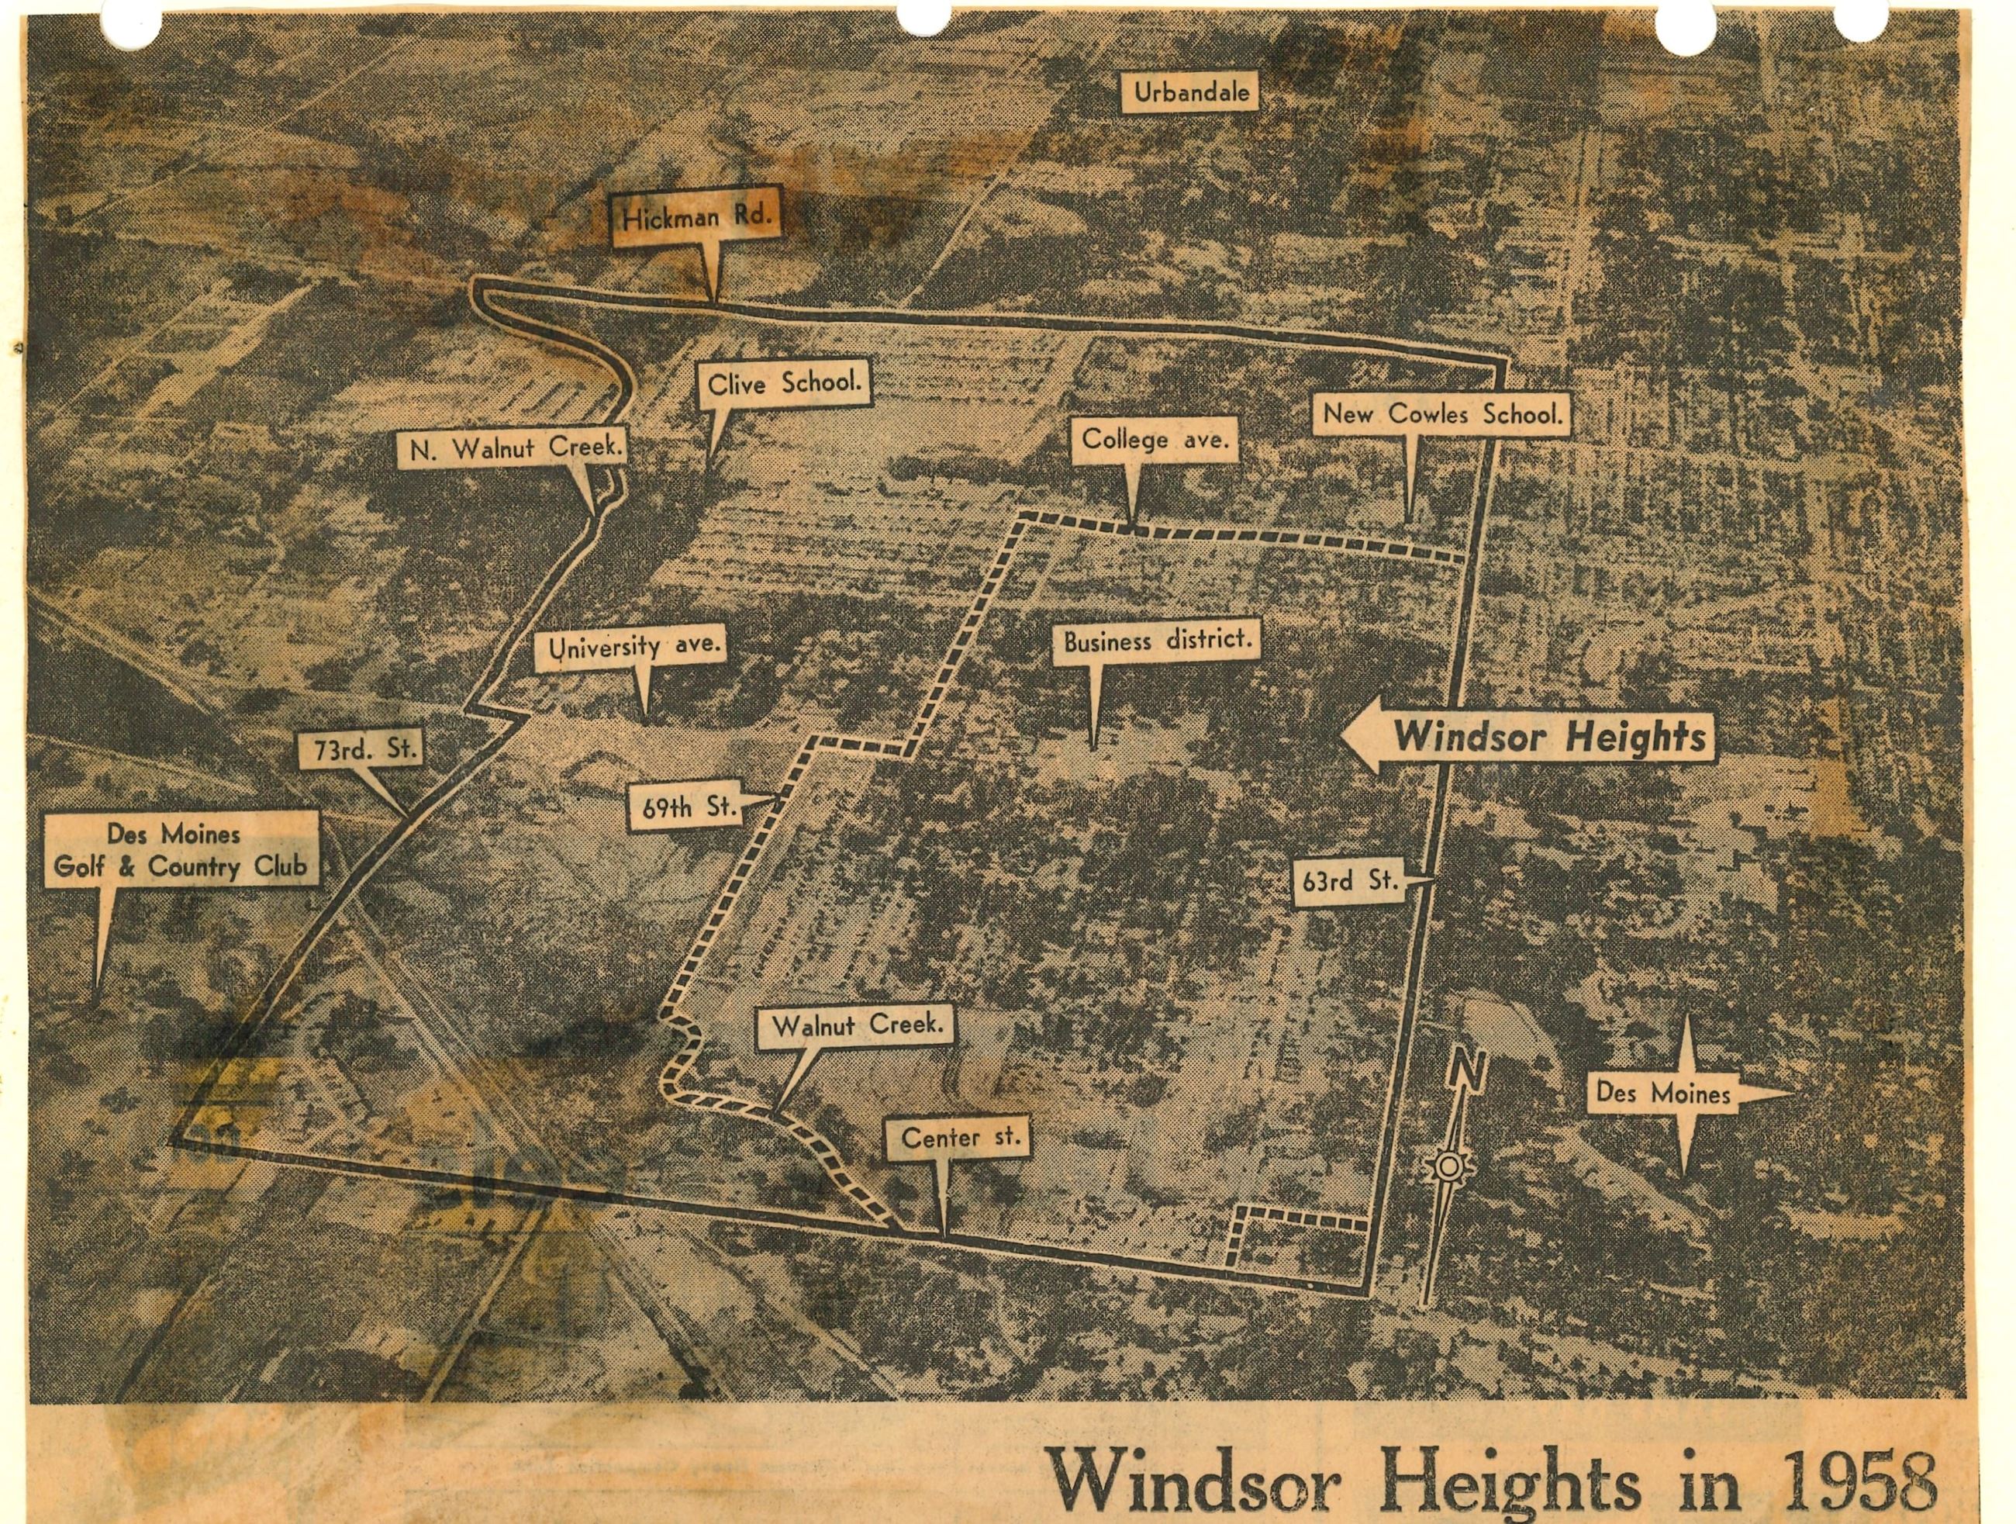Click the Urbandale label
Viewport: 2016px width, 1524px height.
[1192, 92]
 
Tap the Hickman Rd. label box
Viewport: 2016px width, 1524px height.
[697, 219]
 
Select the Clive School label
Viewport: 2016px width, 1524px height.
[785, 384]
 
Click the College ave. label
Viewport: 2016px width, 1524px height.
[1155, 439]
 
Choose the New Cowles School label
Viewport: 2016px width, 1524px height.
[1443, 415]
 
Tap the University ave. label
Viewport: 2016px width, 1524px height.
[633, 648]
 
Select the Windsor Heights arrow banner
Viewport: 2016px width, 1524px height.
[1531, 737]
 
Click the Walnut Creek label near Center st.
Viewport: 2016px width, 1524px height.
[857, 1025]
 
